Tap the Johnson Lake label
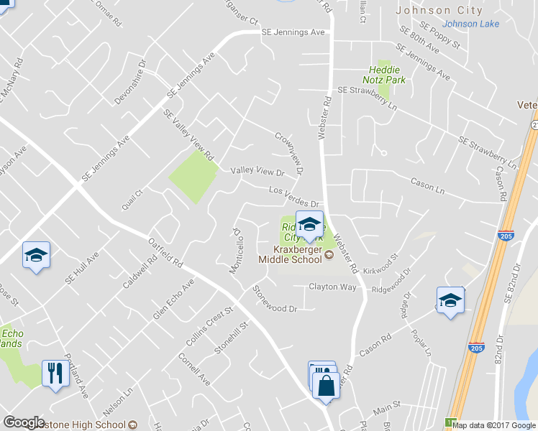pyautogui.click(x=475, y=24)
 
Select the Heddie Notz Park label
pyautogui.click(x=383, y=75)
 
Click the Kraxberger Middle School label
pyautogui.click(x=291, y=255)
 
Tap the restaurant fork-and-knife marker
pyautogui.click(x=55, y=374)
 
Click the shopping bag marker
pyautogui.click(x=326, y=385)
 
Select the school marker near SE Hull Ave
pyautogui.click(x=36, y=255)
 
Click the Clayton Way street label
pyautogui.click(x=332, y=287)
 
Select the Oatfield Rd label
pyautogui.click(x=165, y=252)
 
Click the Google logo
pyautogui.click(x=24, y=422)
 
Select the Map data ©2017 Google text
pyautogui.click(x=494, y=425)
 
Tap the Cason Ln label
pyautogui.click(x=428, y=185)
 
